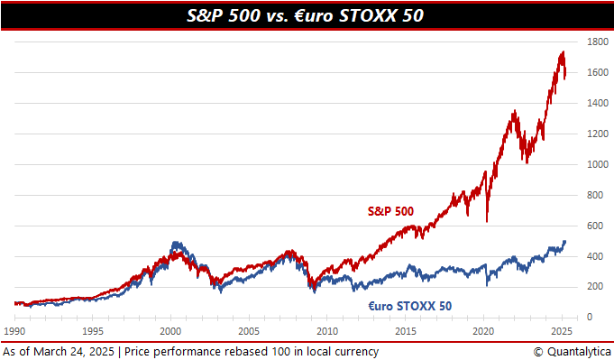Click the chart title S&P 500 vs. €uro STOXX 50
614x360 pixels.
click(307, 14)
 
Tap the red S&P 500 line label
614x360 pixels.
click(389, 210)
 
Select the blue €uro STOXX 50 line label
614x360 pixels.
click(409, 306)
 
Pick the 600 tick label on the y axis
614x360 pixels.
click(595, 226)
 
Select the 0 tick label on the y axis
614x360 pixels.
click(590, 317)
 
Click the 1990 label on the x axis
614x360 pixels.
click(15, 331)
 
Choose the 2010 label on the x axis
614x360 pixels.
click(327, 331)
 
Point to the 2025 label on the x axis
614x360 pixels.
click(561, 331)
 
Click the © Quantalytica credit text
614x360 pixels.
click(572, 351)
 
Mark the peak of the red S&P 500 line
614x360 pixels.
click(564, 52)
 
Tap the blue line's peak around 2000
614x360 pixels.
click(174, 242)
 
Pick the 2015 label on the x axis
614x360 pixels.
click(405, 331)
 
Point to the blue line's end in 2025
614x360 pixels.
click(564, 241)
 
